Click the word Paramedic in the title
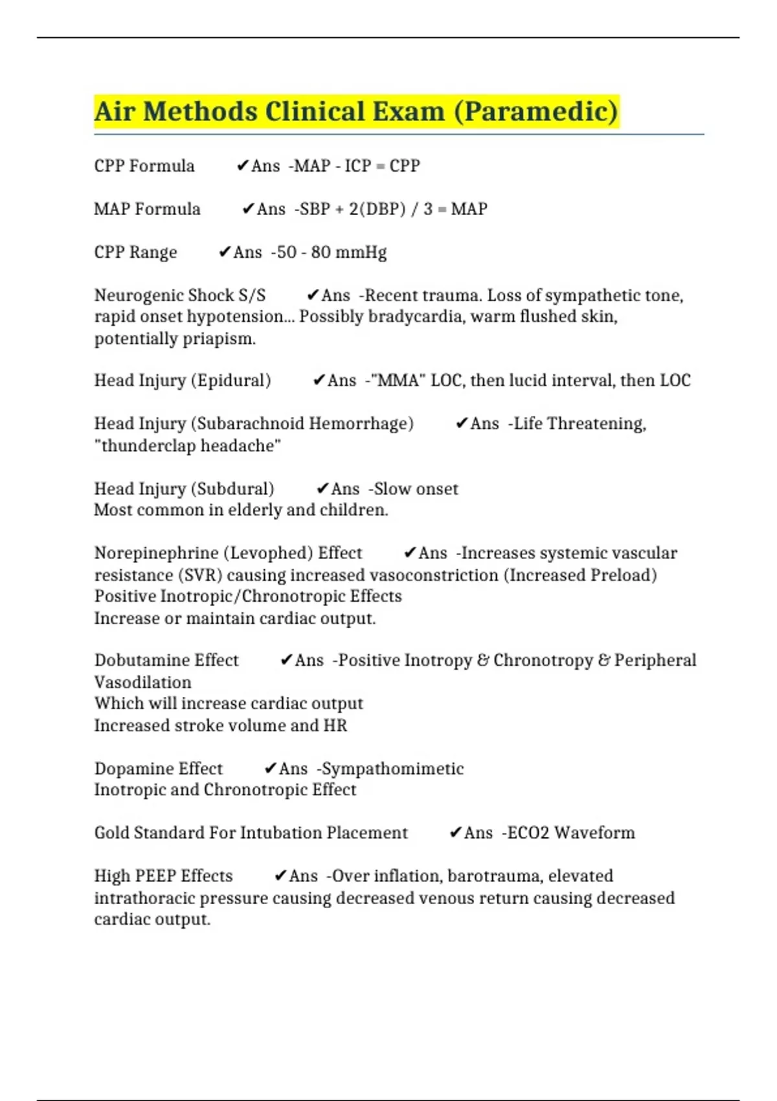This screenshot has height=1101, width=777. pyautogui.click(x=536, y=111)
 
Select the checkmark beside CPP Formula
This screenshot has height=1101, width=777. pyautogui.click(x=243, y=166)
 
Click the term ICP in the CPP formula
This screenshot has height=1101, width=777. pyautogui.click(x=357, y=166)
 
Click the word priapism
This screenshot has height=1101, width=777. pyautogui.click(x=219, y=339)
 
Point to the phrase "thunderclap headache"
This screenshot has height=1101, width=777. pyautogui.click(x=188, y=446)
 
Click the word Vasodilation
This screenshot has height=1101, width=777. pyautogui.click(x=143, y=682)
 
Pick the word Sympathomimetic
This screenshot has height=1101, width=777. pyautogui.click(x=392, y=769)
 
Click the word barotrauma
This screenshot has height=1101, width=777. pyautogui.click(x=495, y=876)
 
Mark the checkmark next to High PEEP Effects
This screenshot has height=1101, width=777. pyautogui.click(x=280, y=876)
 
